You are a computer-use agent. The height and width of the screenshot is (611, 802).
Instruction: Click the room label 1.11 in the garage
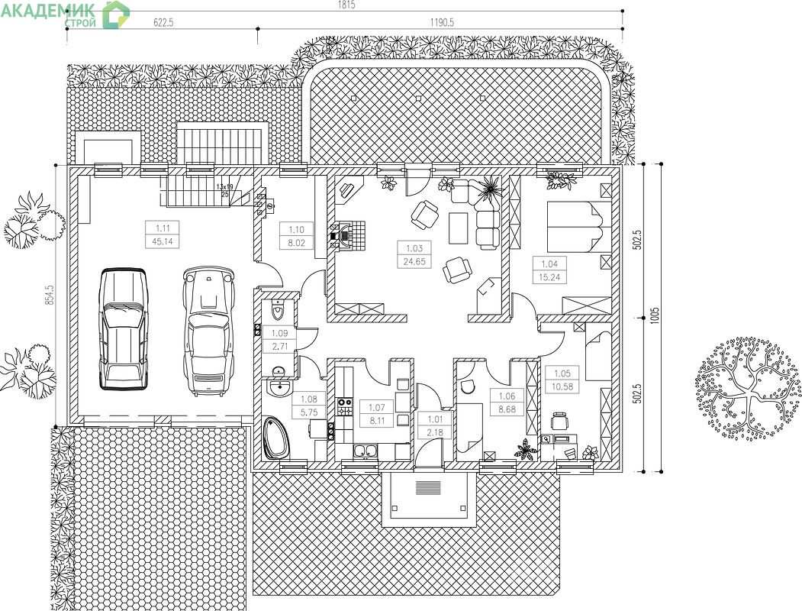pyautogui.click(x=162, y=228)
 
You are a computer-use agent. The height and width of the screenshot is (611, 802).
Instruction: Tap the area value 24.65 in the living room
pyautogui.click(x=414, y=261)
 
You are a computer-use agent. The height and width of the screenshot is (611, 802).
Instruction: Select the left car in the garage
pyautogui.click(x=123, y=328)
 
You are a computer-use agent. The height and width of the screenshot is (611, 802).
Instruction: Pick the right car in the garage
pyautogui.click(x=208, y=331)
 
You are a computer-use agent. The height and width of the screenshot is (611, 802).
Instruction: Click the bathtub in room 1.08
pyautogui.click(x=276, y=438)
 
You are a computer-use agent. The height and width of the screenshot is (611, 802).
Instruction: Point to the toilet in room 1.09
pyautogui.click(x=277, y=309)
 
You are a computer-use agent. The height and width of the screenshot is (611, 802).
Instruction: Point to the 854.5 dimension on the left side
pyautogui.click(x=50, y=294)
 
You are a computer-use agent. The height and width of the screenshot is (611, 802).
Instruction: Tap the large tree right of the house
pyautogui.click(x=747, y=389)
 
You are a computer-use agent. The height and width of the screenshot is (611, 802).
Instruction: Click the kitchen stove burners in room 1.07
pyautogui.click(x=344, y=406)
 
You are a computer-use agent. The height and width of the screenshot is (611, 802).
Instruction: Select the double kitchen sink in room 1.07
pyautogui.click(x=366, y=451)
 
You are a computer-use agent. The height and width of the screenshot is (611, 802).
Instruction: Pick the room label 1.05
pyautogui.click(x=562, y=373)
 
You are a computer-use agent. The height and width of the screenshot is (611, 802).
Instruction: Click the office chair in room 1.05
pyautogui.click(x=560, y=422)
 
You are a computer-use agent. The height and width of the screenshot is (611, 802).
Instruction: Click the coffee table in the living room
pyautogui.click(x=459, y=228)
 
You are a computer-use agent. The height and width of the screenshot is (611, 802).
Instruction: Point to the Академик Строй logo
pyautogui.click(x=65, y=15)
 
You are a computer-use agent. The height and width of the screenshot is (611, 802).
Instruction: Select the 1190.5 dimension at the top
pyautogui.click(x=441, y=22)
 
